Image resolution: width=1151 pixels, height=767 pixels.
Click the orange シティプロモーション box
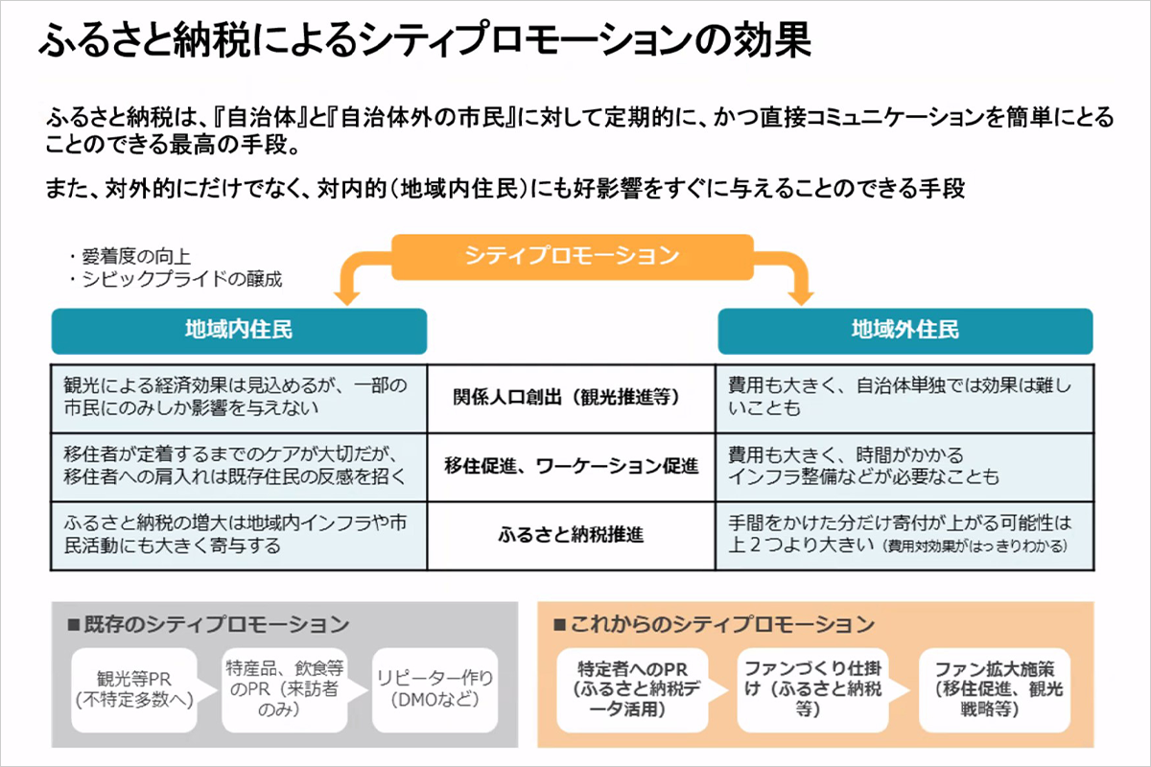pos(573,257)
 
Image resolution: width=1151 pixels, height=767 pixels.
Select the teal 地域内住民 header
pos(239,331)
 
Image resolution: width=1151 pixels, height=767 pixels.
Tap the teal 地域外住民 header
pos(904,331)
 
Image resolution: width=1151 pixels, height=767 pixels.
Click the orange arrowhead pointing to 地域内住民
pos(347,297)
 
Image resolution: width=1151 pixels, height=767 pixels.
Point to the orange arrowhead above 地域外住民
pos(801,297)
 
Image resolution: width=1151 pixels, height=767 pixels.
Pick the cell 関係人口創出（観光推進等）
pos(571,398)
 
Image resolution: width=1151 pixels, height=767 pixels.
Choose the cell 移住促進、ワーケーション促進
pos(571,467)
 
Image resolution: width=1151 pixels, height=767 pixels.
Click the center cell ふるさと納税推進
pos(571,536)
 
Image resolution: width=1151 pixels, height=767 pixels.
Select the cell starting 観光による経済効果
pos(239,398)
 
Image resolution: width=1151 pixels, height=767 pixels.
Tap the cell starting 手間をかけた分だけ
pos(904,536)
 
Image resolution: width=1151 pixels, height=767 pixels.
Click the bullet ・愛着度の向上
pos(129,256)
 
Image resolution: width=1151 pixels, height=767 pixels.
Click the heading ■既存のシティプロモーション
pos(208,624)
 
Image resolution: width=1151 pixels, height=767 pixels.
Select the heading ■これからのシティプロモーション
pos(714,624)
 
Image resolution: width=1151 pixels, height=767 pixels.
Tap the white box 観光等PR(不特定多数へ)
pos(134,690)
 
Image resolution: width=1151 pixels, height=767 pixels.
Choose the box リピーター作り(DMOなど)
pos(435,690)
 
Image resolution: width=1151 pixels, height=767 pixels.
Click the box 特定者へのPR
pos(632,690)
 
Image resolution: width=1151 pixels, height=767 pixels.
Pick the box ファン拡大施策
pos(995,690)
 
